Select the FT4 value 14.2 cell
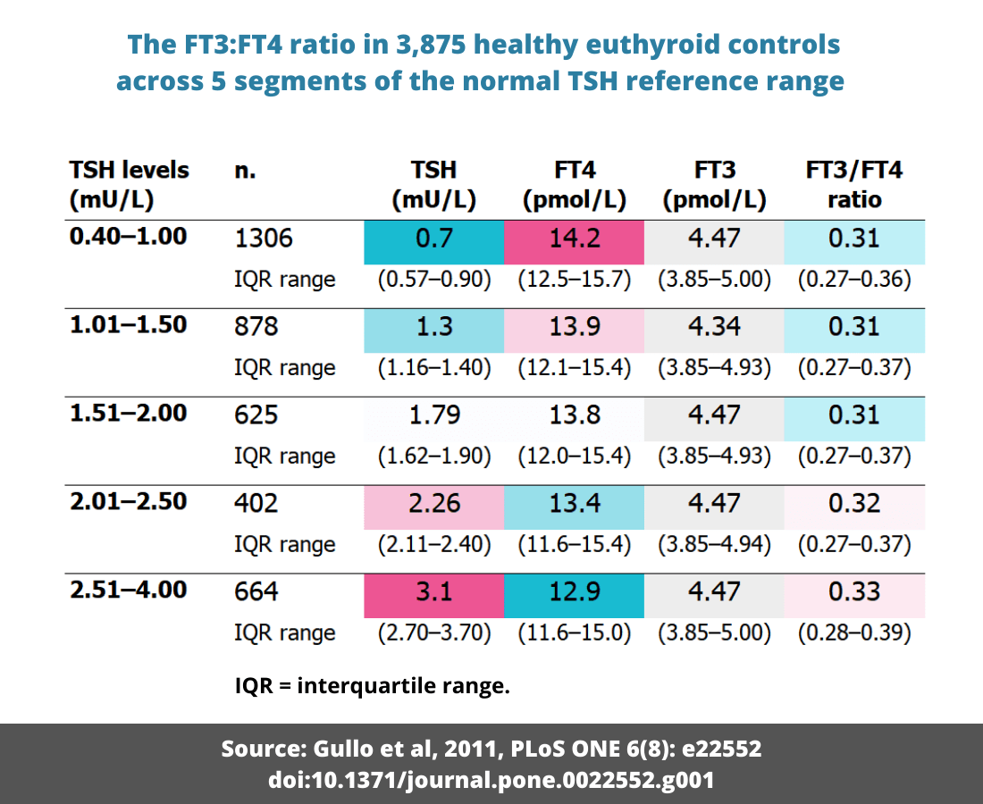click(574, 239)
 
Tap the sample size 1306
click(264, 239)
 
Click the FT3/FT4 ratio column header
click(853, 185)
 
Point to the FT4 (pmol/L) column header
click(574, 185)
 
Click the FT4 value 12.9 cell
click(574, 591)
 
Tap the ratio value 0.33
click(853, 591)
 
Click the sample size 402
click(256, 503)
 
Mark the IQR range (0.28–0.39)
click(853, 632)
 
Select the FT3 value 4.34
click(714, 326)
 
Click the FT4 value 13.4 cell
click(574, 503)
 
